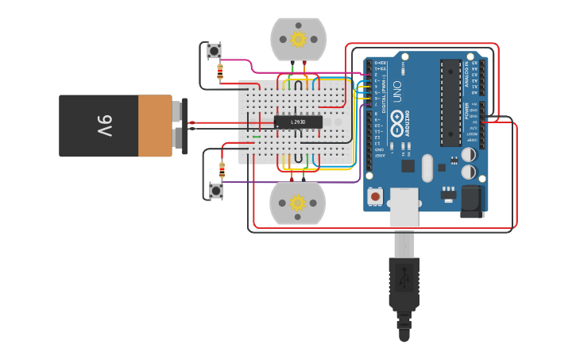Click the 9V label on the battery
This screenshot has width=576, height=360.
pos(105,125)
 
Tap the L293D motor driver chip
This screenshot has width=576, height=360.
pos(298,122)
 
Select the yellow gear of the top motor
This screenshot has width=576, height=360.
pos(298,39)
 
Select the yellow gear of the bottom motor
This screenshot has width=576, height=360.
pos(298,203)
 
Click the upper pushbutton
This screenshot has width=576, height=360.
pos(215,51)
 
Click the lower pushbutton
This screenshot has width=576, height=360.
pos(215,190)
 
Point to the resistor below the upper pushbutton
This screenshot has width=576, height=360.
pos(220,72)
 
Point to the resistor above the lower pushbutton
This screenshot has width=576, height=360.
pos(222,168)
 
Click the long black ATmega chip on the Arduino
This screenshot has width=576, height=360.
pos(450,103)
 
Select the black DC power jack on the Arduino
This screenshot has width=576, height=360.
pos(472,201)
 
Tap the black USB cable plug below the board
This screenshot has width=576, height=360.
pos(404,282)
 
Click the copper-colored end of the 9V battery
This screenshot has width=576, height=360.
pos(156,126)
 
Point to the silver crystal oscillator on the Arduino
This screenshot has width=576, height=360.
pos(427,168)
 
